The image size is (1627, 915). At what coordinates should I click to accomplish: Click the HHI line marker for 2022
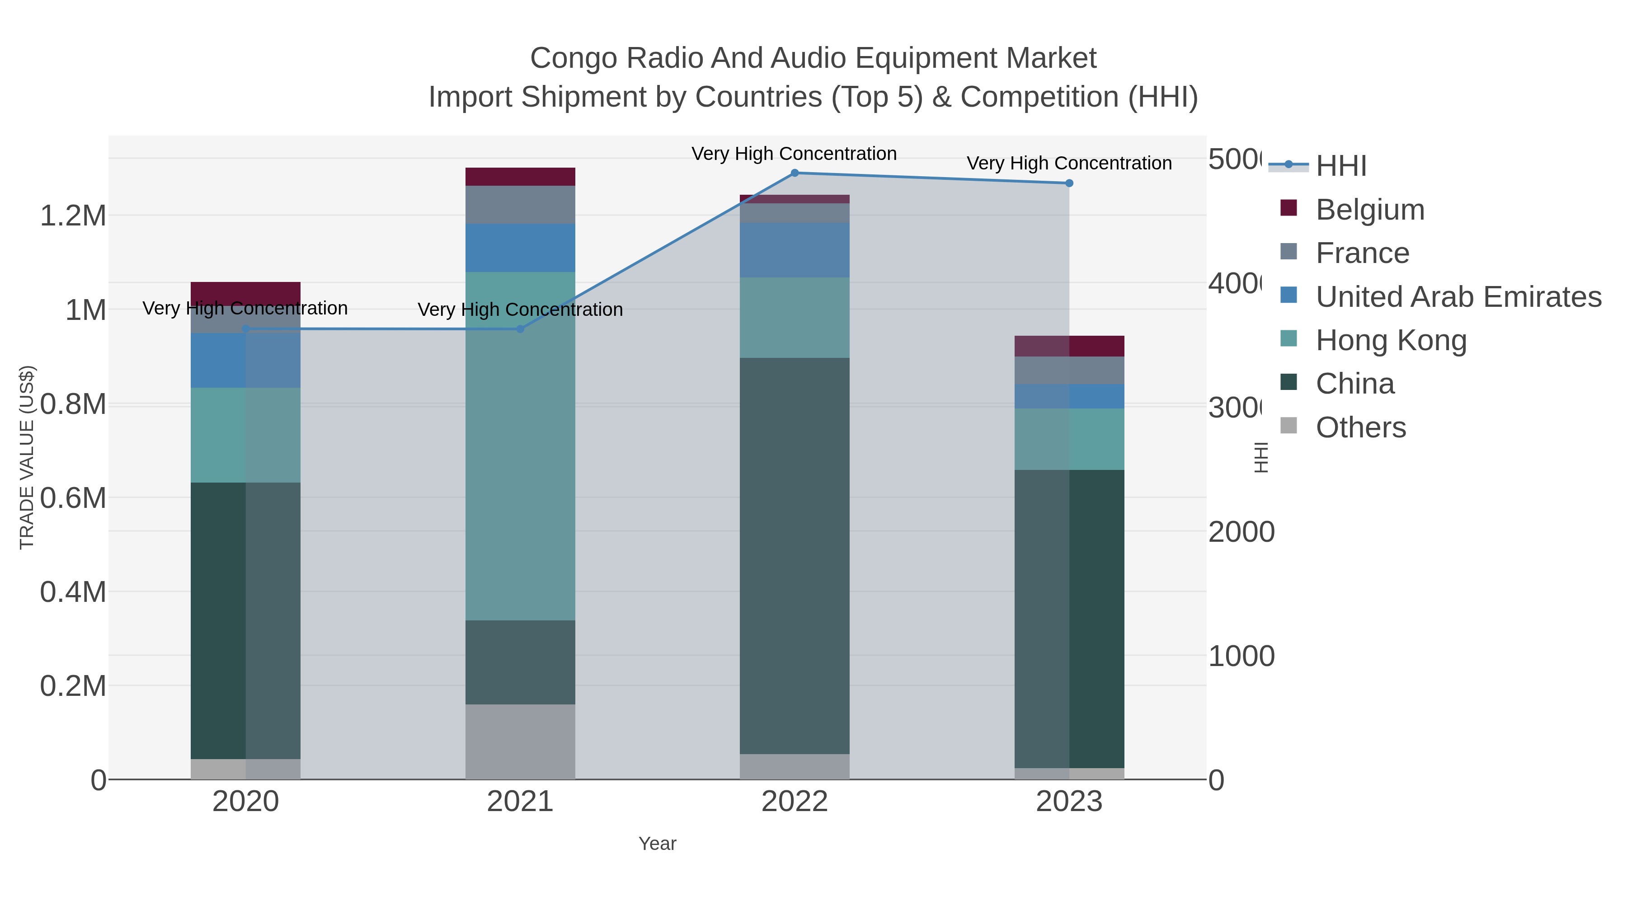(795, 173)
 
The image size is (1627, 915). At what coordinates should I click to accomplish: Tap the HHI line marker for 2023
(1069, 183)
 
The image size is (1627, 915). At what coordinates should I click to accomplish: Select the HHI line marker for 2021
(521, 329)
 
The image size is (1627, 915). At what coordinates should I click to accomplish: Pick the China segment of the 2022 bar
(795, 556)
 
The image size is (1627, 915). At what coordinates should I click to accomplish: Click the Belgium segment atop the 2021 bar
(521, 177)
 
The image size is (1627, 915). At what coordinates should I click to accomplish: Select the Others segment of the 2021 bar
(521, 741)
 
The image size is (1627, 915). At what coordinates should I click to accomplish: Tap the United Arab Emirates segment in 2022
(795, 250)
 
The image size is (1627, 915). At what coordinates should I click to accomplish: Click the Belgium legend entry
(1369, 210)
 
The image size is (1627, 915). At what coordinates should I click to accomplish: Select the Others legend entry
(1360, 427)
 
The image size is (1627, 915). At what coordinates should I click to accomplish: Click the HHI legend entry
(1340, 166)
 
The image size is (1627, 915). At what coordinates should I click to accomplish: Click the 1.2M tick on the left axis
(73, 216)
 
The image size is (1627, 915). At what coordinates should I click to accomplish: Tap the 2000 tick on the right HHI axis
(1241, 532)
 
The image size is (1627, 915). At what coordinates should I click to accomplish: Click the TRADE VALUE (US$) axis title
(27, 457)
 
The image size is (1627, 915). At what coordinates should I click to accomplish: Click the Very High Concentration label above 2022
(794, 154)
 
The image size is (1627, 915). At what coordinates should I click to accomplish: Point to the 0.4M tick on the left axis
(73, 592)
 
